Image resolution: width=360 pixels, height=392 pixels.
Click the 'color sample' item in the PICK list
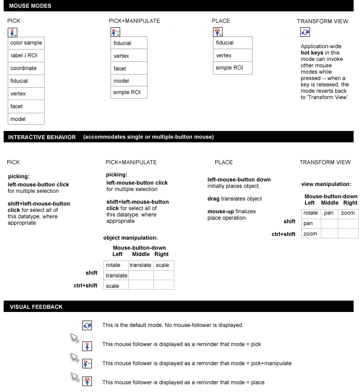(x=26, y=43)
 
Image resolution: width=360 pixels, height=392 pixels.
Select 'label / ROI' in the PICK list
(x=26, y=55)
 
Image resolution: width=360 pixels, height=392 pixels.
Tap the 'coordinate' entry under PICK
(x=26, y=68)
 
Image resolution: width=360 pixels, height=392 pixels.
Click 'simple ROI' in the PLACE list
(x=233, y=68)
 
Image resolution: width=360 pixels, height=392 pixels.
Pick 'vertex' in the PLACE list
(x=233, y=55)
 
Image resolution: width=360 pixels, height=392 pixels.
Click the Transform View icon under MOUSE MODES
(x=305, y=32)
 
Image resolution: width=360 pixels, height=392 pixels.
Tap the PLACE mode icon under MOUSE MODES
(x=218, y=32)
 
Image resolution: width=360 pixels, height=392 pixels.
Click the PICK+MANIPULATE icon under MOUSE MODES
(x=116, y=32)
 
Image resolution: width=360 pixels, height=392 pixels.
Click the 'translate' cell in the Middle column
(x=141, y=265)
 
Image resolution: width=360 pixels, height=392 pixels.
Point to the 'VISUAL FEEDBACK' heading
(x=36, y=307)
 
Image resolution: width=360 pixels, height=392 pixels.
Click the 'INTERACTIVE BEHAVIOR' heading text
(x=42, y=137)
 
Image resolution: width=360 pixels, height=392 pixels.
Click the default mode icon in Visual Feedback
(x=87, y=326)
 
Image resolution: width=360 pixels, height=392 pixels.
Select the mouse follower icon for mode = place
(x=87, y=382)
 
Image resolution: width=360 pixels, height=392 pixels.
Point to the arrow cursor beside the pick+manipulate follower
(x=75, y=357)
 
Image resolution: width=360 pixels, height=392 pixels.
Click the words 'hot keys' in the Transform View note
(x=311, y=53)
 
